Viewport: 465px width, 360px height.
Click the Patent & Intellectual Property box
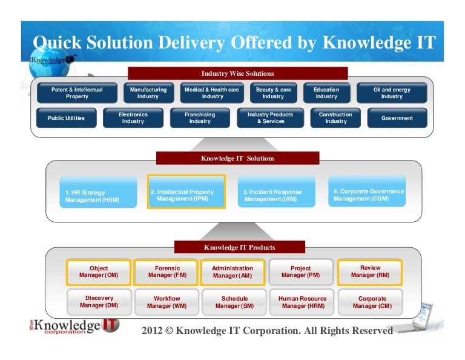(x=77, y=93)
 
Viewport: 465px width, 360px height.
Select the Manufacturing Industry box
(x=148, y=93)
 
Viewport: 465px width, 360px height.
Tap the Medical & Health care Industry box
(x=212, y=93)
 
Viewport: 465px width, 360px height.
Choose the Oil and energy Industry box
(x=392, y=93)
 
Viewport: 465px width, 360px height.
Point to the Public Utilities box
(x=66, y=118)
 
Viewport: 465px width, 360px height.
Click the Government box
(x=397, y=118)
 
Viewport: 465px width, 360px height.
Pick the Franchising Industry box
(x=200, y=118)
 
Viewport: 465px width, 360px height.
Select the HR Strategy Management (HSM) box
(x=98, y=192)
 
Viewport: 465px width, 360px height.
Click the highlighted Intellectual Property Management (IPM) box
(x=186, y=192)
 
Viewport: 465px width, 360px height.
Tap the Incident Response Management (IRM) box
(x=276, y=192)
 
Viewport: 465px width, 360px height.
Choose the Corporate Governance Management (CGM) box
(x=367, y=191)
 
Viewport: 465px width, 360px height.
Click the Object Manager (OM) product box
(x=99, y=272)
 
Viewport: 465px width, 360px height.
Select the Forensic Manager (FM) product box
(x=166, y=272)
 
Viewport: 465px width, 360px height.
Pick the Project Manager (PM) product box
(x=301, y=272)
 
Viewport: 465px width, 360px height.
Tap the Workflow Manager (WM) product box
(x=167, y=302)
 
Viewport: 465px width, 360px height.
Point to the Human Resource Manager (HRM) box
(x=302, y=302)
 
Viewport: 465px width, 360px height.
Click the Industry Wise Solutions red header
(x=237, y=73)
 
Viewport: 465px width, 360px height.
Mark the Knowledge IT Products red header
(x=240, y=247)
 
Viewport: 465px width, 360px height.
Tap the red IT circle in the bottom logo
(x=110, y=325)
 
